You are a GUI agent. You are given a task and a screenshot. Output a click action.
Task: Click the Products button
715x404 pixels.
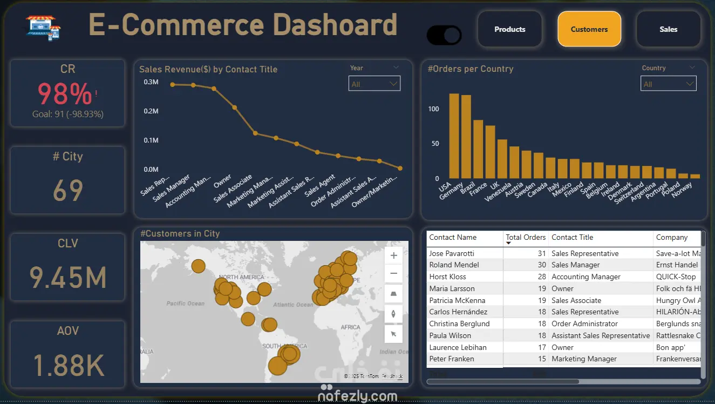coord(509,29)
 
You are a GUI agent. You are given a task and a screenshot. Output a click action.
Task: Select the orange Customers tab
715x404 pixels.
coord(589,29)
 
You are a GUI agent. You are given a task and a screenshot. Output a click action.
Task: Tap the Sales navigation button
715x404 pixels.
coord(668,29)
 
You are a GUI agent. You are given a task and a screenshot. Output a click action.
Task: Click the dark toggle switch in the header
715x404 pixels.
coord(444,36)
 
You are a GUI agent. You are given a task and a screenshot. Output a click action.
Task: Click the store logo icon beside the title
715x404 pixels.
coord(43,27)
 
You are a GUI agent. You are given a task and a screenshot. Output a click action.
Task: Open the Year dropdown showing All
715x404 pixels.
coord(374,84)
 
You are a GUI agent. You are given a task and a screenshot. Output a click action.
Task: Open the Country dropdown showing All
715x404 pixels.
coord(668,84)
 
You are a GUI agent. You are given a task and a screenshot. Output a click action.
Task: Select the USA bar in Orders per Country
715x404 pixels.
coord(454,136)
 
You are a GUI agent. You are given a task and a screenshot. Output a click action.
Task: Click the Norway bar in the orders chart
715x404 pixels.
coord(695,176)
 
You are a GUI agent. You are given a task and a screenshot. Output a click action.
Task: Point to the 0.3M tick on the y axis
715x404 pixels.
coord(151,82)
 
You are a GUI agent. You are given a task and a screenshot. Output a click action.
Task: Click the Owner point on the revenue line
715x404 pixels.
coord(234,107)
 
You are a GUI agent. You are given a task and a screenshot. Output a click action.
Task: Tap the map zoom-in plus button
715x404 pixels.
coord(393,255)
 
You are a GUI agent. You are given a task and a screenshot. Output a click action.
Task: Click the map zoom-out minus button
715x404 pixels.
coord(393,274)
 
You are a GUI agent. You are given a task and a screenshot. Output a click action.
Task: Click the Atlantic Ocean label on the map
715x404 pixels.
coord(292,305)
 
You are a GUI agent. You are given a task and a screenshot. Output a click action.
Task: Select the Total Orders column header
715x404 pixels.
coord(526,237)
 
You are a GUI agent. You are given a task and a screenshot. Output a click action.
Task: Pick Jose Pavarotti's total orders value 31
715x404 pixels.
coord(541,253)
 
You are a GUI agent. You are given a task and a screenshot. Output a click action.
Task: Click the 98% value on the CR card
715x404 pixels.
coord(65,95)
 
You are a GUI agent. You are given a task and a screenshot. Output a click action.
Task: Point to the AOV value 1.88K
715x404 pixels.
coord(68,365)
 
